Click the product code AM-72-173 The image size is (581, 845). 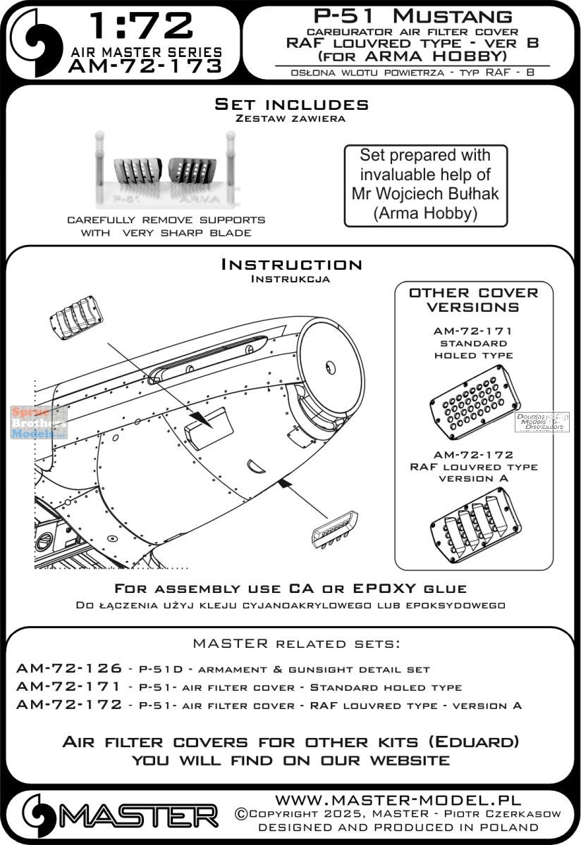(144, 66)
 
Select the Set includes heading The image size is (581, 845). (291, 105)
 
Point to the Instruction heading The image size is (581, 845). (291, 265)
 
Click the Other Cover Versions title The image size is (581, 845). (473, 299)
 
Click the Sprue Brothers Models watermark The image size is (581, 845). (39, 423)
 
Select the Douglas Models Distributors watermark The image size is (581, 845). (542, 422)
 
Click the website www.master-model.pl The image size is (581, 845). (398, 801)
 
